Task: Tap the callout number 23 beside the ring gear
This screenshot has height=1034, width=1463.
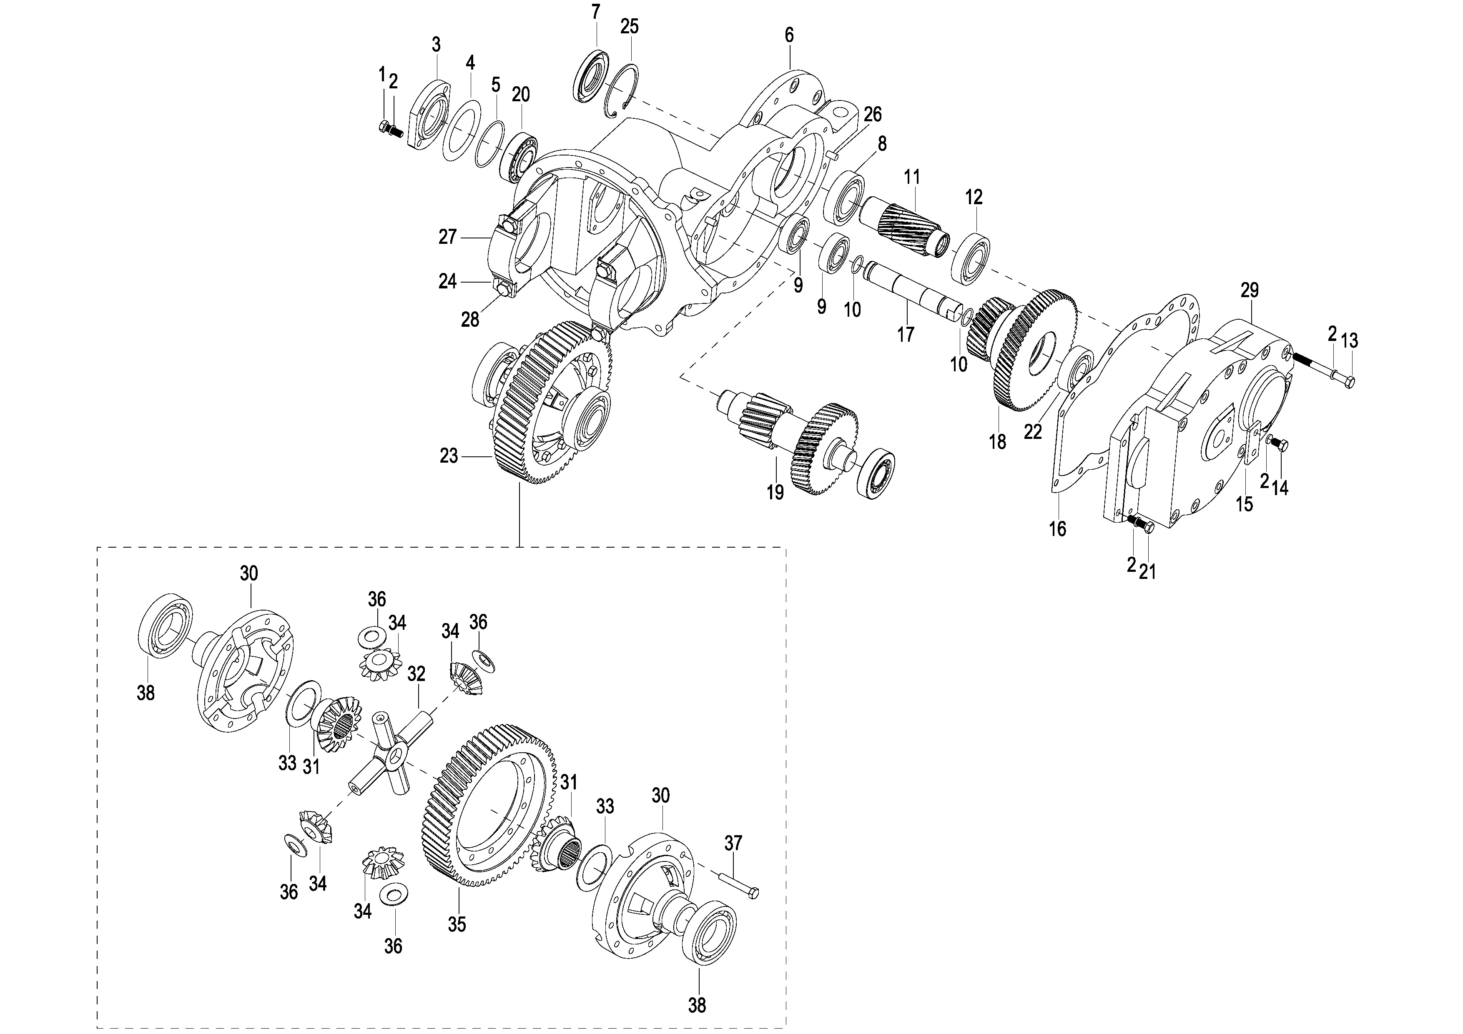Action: (x=449, y=456)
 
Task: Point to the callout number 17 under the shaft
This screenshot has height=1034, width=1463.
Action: (x=906, y=334)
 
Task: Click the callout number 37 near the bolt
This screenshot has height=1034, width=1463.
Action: (x=733, y=844)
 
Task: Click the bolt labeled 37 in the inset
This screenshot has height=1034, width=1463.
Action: (x=739, y=886)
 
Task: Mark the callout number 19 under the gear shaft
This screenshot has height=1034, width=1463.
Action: (x=775, y=493)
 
